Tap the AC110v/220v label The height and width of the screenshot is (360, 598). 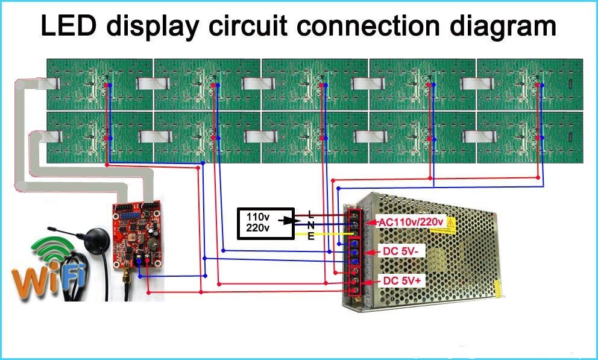click(411, 223)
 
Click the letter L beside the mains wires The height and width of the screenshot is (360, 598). click(310, 213)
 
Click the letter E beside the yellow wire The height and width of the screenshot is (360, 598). click(310, 236)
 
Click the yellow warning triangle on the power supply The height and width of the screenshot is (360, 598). click(450, 224)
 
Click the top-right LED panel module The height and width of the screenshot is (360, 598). click(529, 84)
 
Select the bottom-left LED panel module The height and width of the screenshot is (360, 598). click(100, 137)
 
